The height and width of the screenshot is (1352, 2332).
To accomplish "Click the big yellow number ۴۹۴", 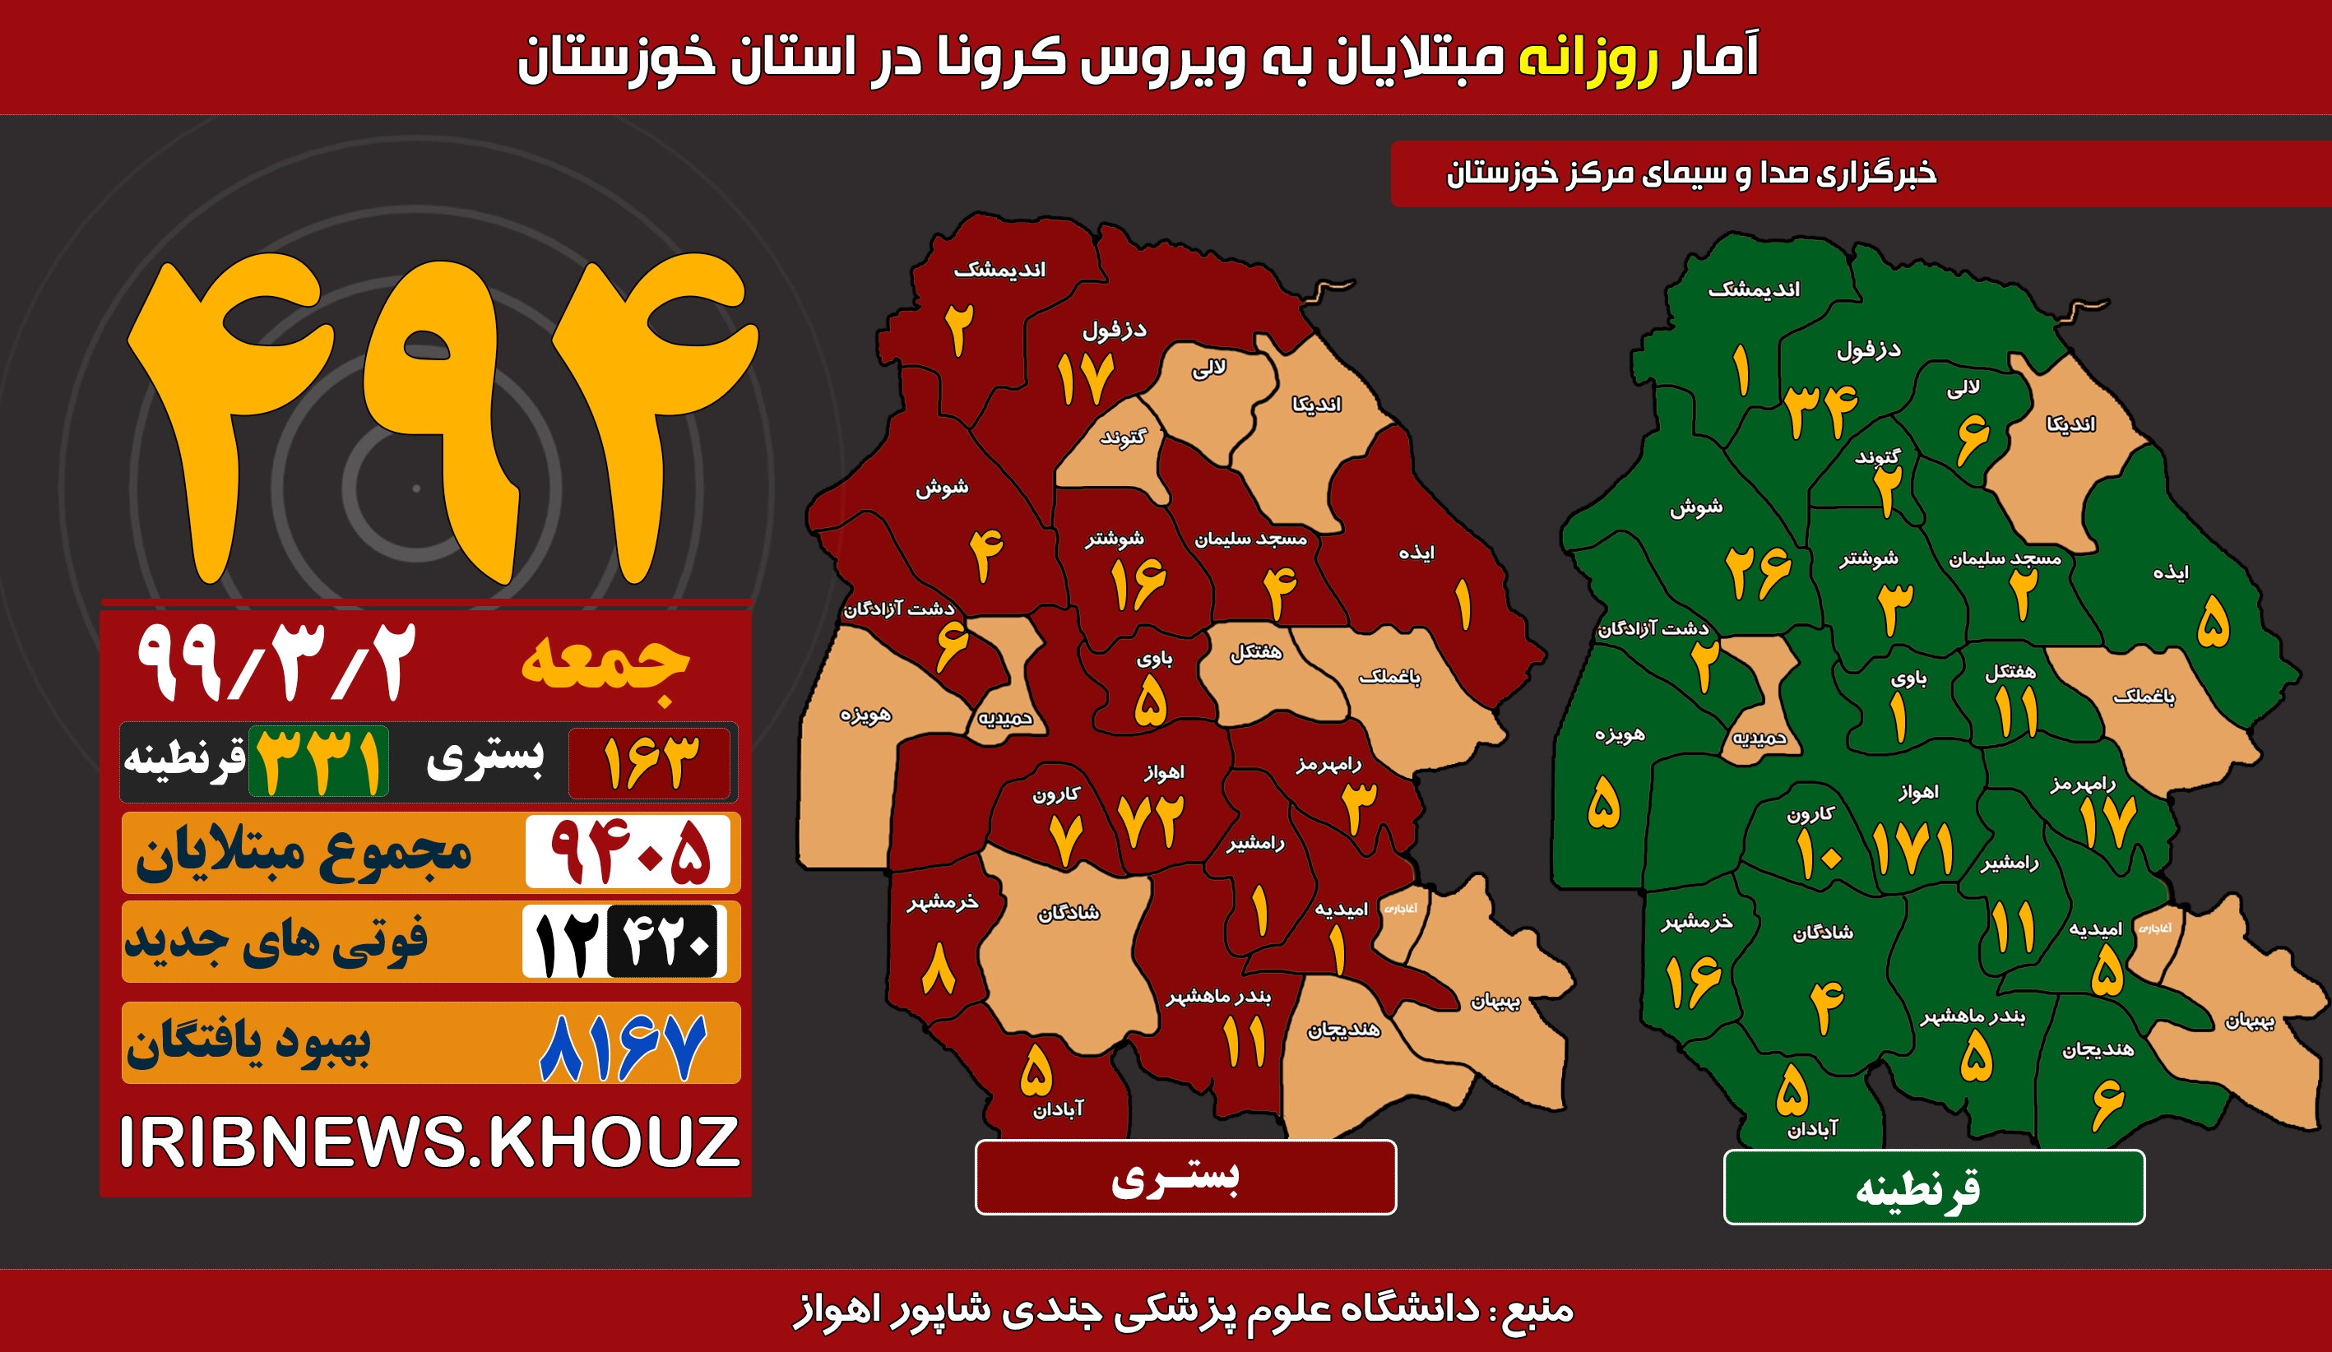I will (x=443, y=416).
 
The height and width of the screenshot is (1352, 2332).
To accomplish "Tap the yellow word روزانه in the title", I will (x=1587, y=58).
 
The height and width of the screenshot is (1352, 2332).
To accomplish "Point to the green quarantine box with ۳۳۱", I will (x=318, y=762).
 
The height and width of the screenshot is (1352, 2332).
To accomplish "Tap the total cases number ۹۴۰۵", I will (x=628, y=851).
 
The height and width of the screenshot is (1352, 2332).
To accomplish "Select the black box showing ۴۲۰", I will (x=664, y=941).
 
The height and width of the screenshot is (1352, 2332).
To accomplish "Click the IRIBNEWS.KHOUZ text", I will (x=429, y=1142).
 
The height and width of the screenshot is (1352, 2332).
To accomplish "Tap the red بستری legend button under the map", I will (x=1185, y=1177).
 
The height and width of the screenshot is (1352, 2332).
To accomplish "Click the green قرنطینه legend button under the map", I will (x=1934, y=1188).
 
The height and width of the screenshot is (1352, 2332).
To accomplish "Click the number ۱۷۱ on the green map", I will (x=1912, y=850).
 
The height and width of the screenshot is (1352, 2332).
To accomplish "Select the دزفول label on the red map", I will (x=1114, y=330).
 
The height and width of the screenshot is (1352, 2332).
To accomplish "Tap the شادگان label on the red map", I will (x=1069, y=914).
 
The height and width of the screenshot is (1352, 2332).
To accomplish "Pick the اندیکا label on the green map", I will (x=2071, y=424).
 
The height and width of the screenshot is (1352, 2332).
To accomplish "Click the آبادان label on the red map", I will (x=1058, y=1109).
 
